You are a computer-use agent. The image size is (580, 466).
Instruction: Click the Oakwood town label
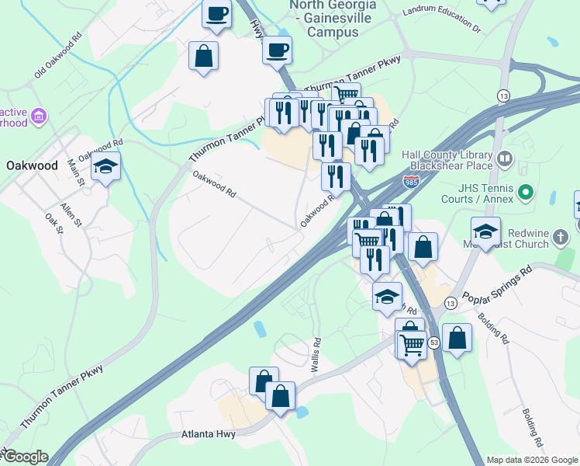tap(32, 165)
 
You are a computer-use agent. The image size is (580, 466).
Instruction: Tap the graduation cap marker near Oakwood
tap(105, 167)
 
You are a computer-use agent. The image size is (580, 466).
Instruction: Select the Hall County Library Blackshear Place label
tap(447, 159)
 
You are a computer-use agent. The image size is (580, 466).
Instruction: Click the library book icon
tap(505, 160)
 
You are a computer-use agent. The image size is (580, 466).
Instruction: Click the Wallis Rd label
tap(316, 356)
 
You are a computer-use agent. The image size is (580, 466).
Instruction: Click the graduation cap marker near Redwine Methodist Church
tap(485, 231)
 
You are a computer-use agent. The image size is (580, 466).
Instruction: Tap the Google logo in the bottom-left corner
tap(25, 457)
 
